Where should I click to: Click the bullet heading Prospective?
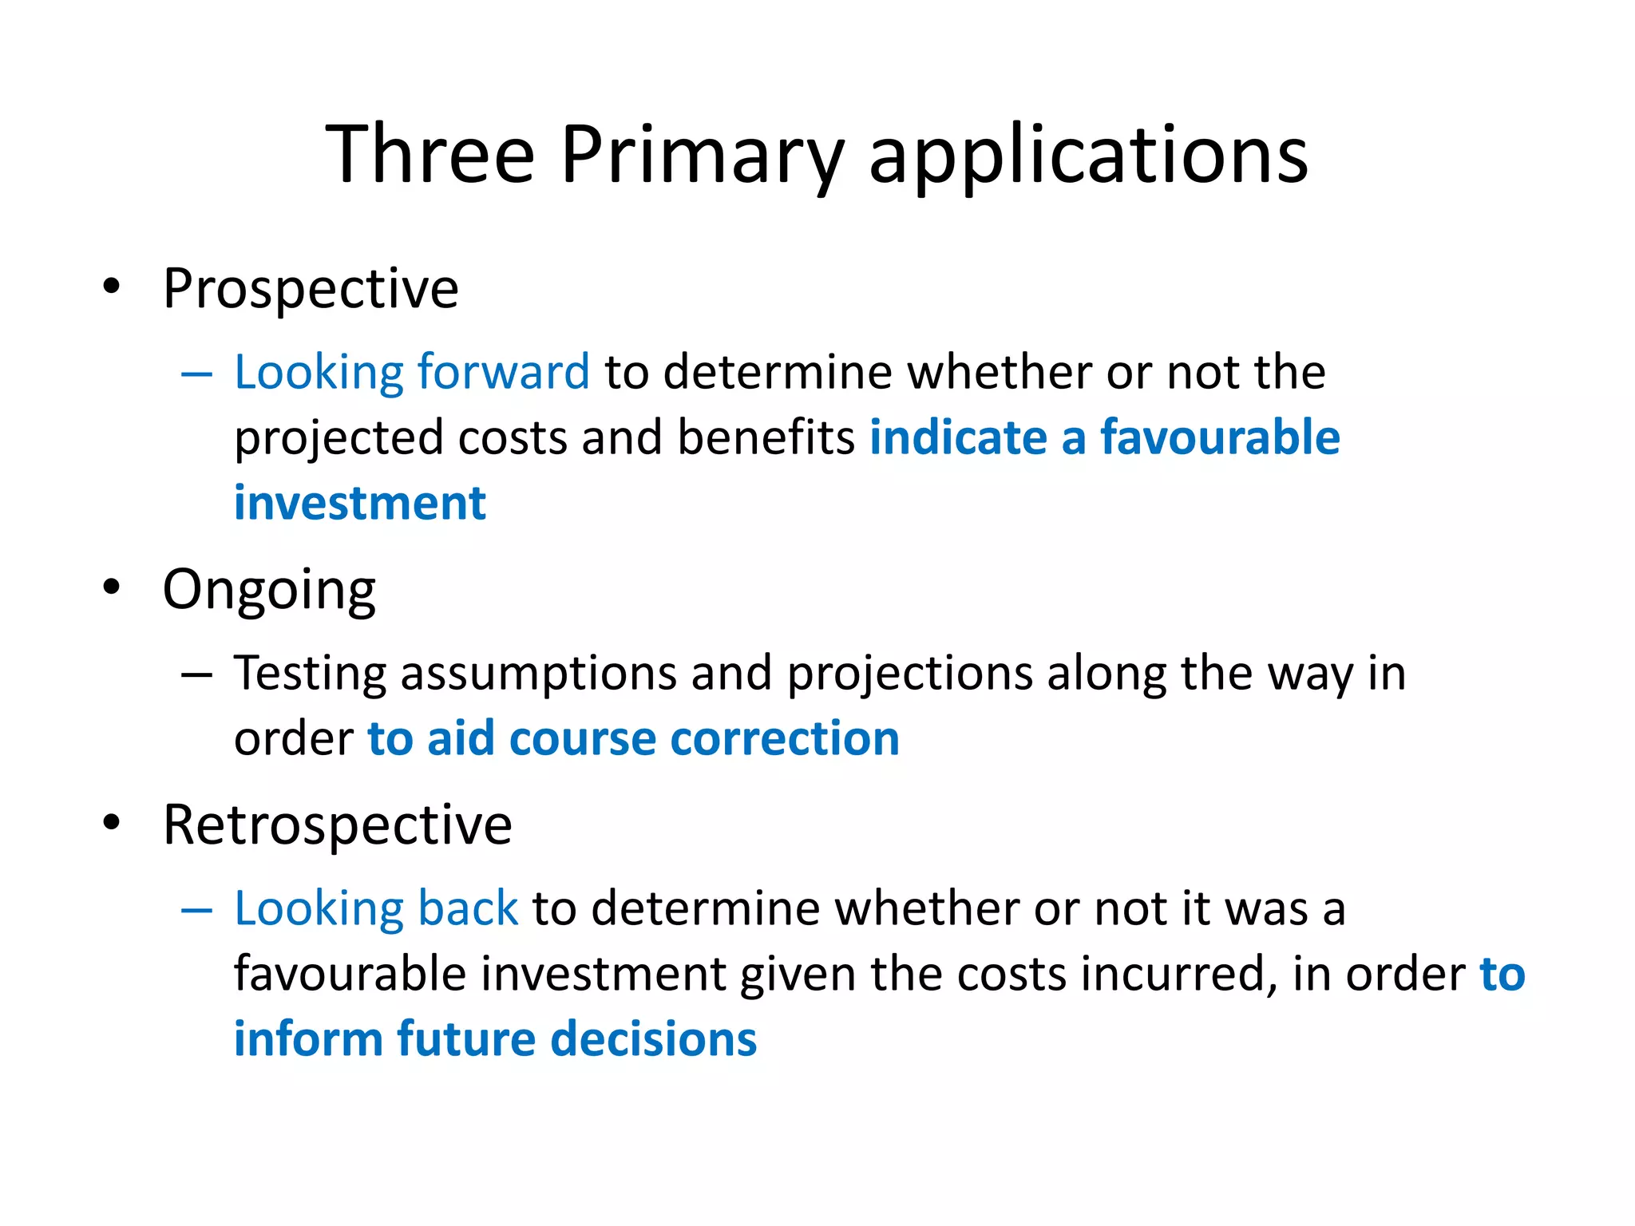(311, 288)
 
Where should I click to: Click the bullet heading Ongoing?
(269, 590)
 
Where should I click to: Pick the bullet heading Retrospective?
(337, 825)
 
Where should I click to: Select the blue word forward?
(503, 372)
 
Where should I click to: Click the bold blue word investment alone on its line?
(359, 504)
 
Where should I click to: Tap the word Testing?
(310, 674)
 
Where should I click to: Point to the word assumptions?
(539, 674)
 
